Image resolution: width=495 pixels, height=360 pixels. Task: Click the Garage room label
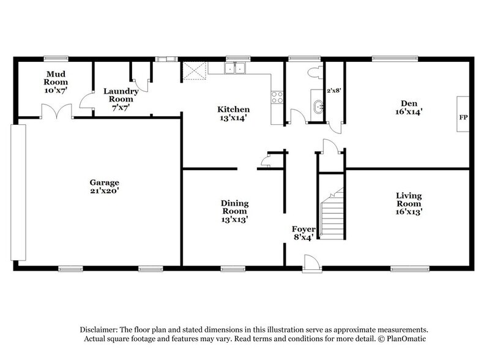[104, 187]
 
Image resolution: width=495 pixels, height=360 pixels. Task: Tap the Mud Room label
[55, 81]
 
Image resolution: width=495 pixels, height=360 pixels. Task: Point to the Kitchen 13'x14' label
[234, 114]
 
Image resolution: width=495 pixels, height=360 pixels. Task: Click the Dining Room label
[234, 211]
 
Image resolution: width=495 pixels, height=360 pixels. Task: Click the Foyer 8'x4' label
[304, 233]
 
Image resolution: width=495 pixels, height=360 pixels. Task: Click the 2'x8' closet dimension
[333, 91]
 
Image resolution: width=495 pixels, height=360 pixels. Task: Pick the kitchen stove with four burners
[277, 97]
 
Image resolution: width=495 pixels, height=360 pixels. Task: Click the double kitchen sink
[236, 69]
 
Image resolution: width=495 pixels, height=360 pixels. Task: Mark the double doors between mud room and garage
[56, 113]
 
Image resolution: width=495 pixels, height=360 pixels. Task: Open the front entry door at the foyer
[311, 263]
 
